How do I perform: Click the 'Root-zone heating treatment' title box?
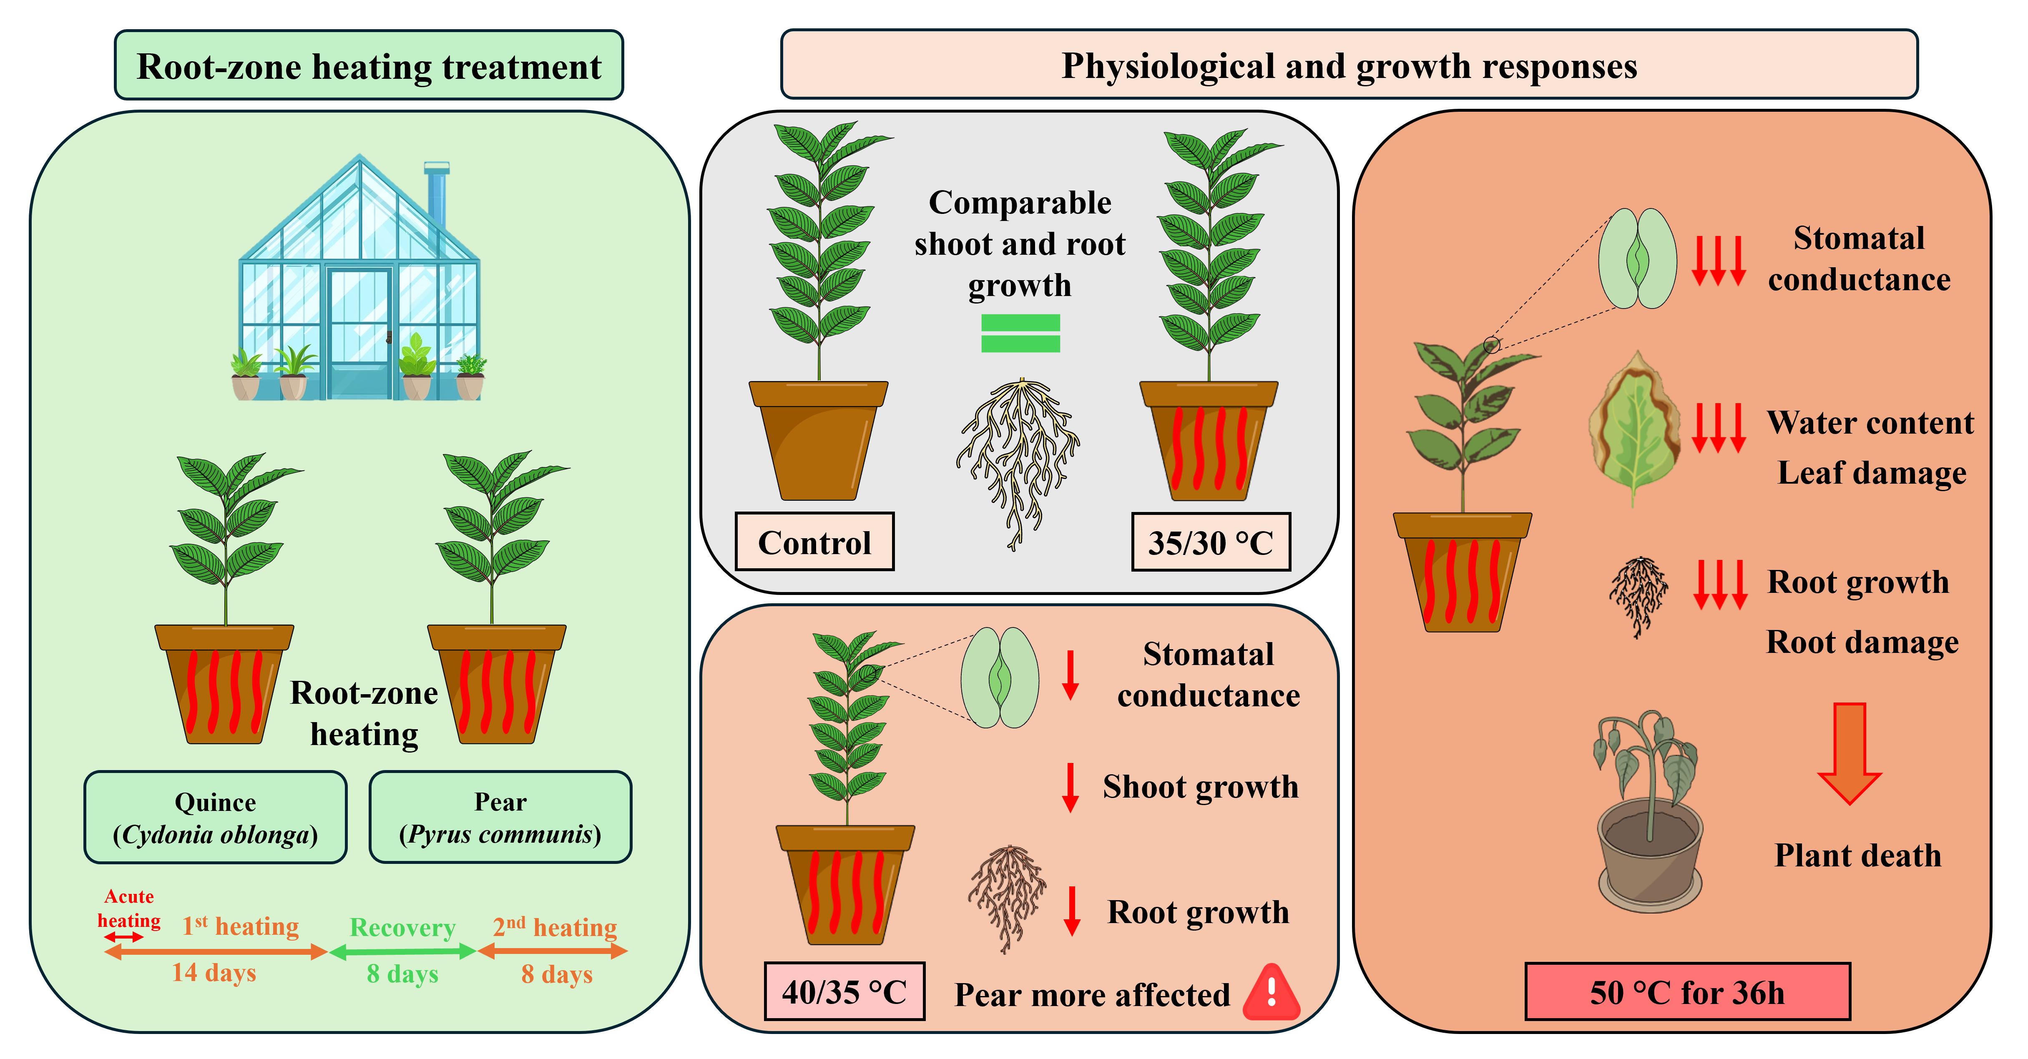pyautogui.click(x=368, y=65)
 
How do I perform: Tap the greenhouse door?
pyautogui.click(x=359, y=331)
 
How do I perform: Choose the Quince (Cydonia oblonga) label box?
pyautogui.click(x=215, y=817)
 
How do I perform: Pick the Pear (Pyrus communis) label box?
pyautogui.click(x=500, y=817)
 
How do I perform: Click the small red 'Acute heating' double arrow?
pyautogui.click(x=123, y=937)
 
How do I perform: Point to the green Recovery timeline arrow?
pyautogui.click(x=402, y=952)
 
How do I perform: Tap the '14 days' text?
pyautogui.click(x=214, y=973)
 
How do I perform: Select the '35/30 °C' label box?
pyautogui.click(x=1210, y=542)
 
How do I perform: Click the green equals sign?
pyautogui.click(x=1020, y=333)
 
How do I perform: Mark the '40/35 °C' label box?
pyautogui.click(x=844, y=991)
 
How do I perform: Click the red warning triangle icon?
pyautogui.click(x=1272, y=994)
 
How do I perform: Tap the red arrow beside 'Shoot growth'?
pyautogui.click(x=1070, y=787)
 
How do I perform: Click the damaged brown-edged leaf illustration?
pyautogui.click(x=1633, y=427)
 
